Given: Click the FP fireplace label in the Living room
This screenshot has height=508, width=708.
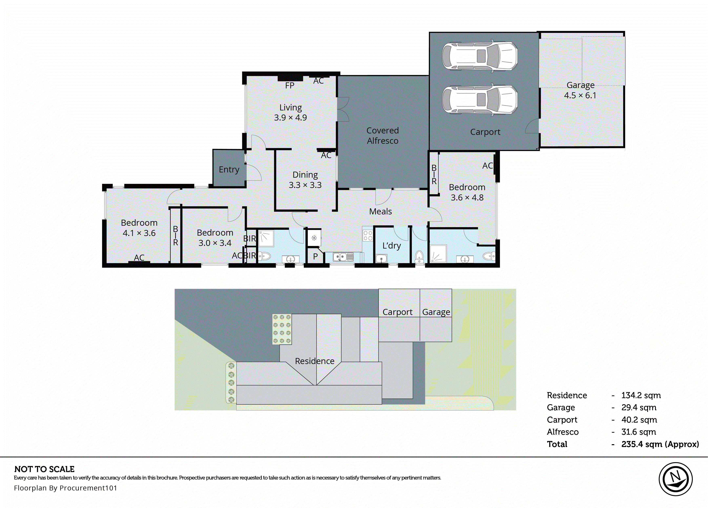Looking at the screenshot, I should [289, 85].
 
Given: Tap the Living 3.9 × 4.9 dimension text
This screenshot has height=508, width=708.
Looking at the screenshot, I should [290, 118].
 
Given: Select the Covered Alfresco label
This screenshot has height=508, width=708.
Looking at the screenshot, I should [382, 135].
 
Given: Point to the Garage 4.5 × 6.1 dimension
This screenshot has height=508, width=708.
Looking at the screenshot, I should [580, 96].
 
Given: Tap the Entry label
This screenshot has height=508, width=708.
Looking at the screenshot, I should [229, 169].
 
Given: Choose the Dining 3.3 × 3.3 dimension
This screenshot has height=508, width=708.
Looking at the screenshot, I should [305, 185].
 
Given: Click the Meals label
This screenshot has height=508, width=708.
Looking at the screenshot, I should [380, 212].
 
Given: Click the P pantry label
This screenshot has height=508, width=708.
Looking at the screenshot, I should [315, 256].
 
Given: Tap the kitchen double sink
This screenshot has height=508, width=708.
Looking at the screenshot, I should [343, 257].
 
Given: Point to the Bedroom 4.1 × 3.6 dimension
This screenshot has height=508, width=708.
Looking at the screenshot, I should [139, 233].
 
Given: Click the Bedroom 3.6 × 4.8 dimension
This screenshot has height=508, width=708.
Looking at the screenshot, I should [467, 197].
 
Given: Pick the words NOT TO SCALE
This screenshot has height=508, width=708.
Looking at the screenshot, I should [44, 469].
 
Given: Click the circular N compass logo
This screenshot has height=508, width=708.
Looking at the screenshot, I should [675, 479].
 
